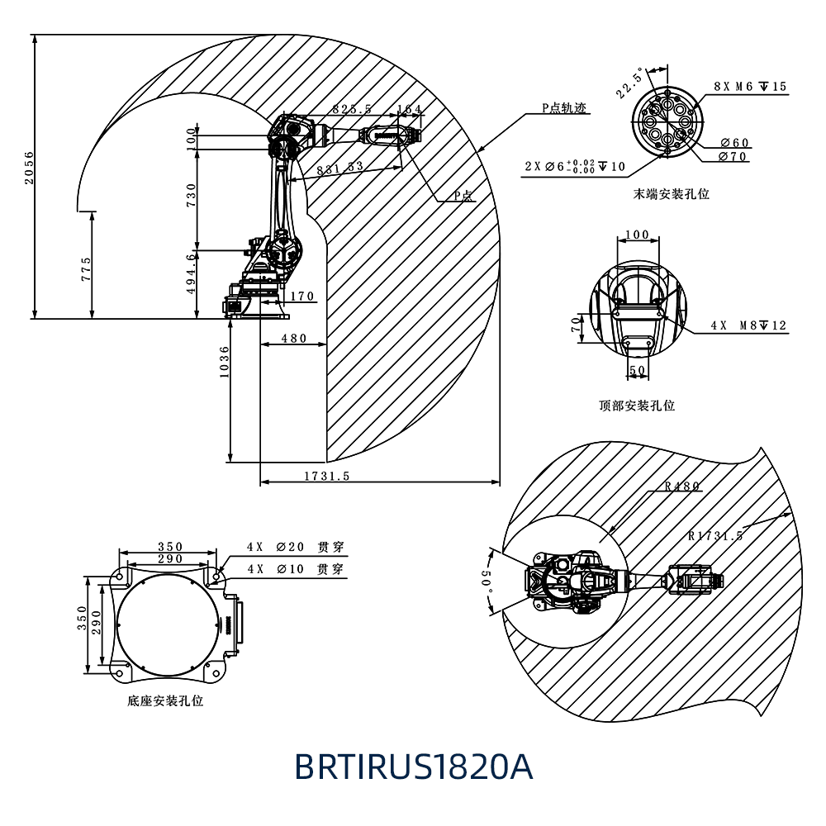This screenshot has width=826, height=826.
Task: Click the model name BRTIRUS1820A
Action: coord(414,767)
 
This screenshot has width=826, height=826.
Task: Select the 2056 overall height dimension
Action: coord(30,168)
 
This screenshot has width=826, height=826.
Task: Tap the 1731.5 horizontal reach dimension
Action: coord(327,476)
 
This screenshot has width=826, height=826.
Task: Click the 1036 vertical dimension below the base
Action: coord(224,362)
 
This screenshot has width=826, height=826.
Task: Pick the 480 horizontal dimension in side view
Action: coord(293,338)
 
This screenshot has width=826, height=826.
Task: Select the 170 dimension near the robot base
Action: coord(301,297)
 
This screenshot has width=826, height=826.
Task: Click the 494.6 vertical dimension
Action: coord(192,273)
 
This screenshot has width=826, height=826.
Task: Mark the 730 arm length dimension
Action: coord(192,198)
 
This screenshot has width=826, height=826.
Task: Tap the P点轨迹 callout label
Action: coord(565,108)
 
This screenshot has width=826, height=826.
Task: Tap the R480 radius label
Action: coord(682,486)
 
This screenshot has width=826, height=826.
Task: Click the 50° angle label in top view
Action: coord(487,582)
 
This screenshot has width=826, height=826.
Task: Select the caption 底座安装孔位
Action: coord(165,700)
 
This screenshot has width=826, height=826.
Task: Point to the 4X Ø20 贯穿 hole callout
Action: coord(295,547)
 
